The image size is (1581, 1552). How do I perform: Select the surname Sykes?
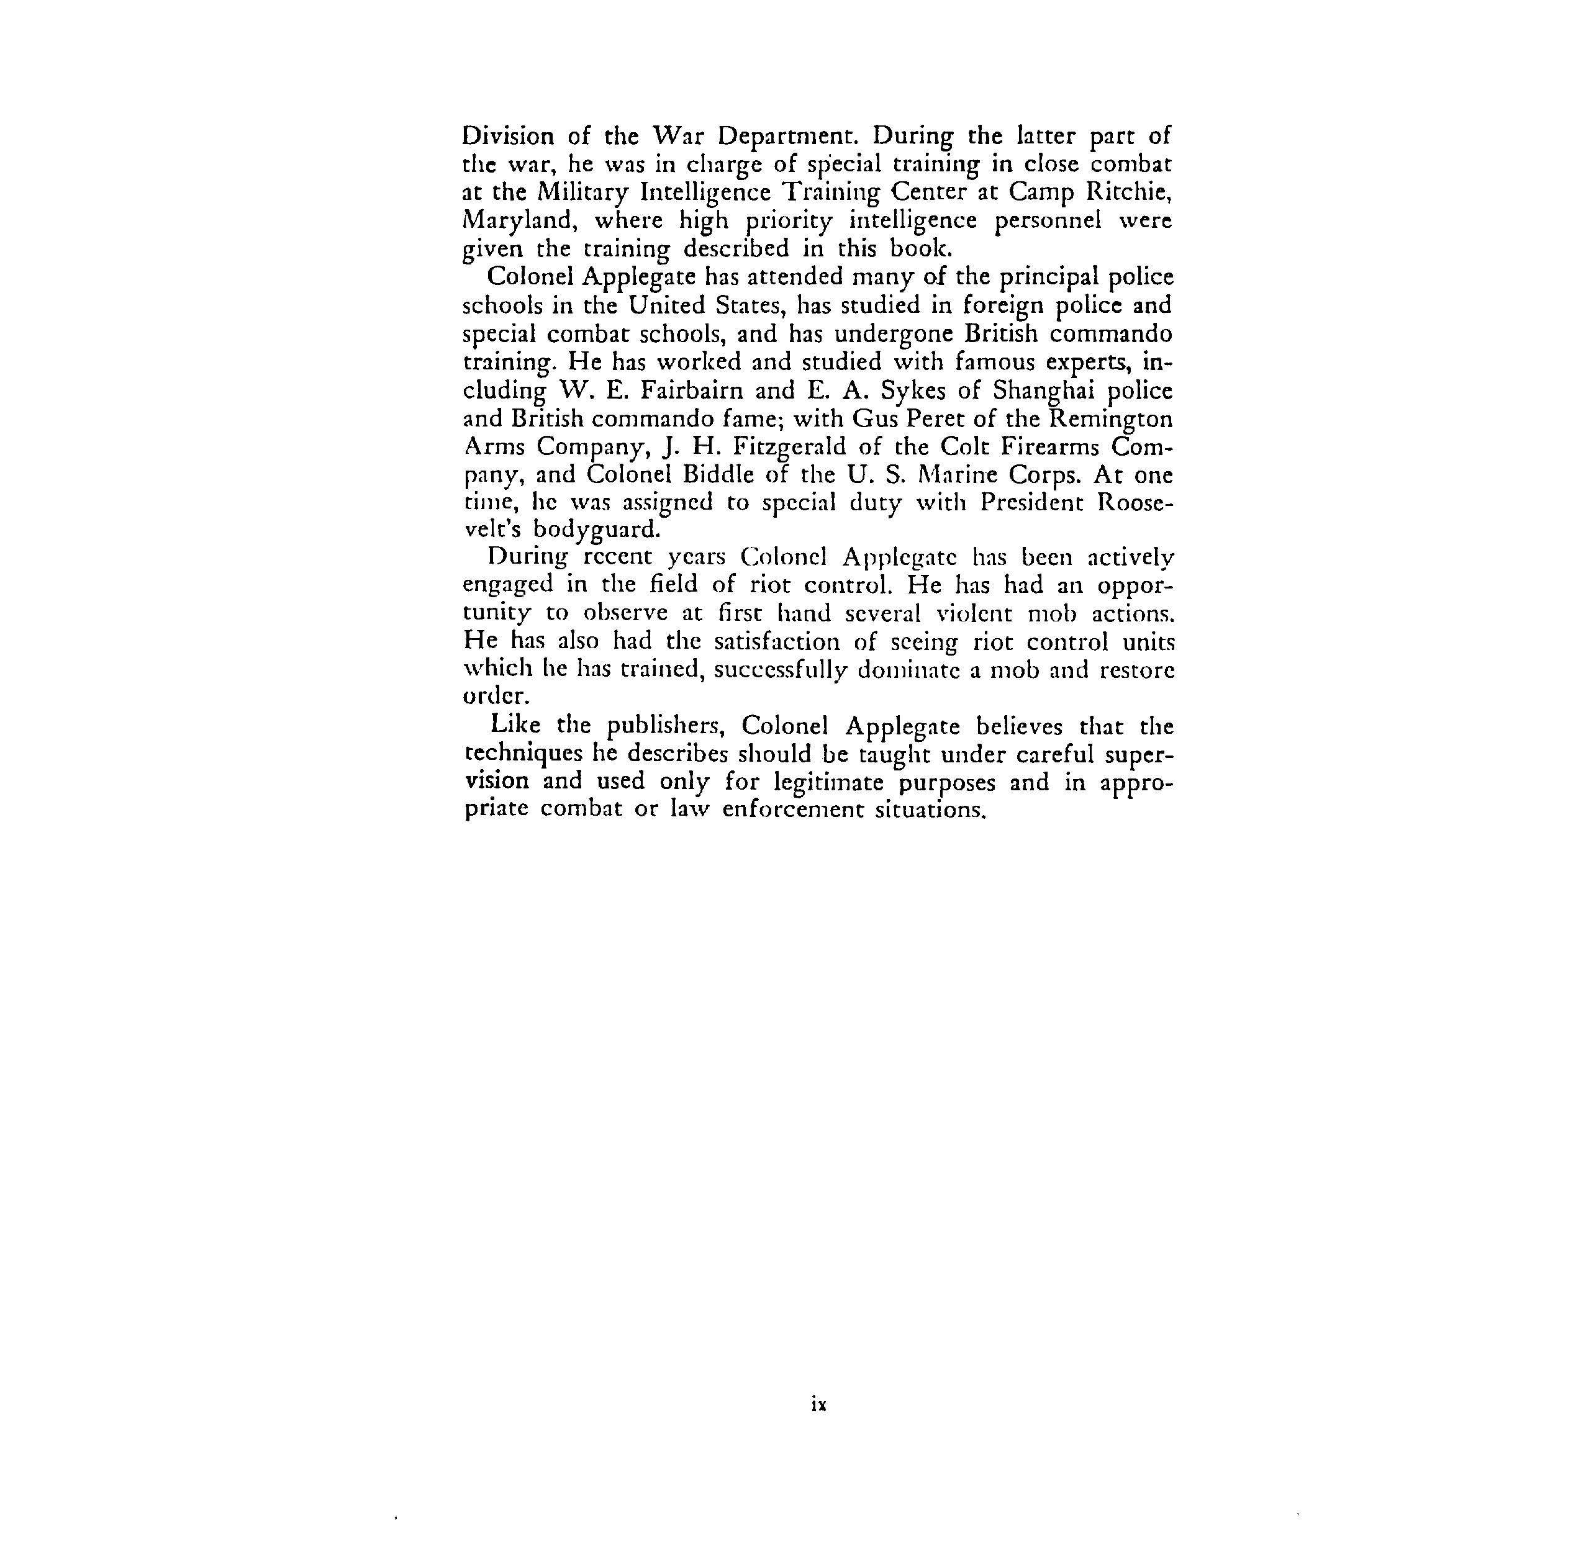910,390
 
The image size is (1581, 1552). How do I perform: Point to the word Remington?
1110,418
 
